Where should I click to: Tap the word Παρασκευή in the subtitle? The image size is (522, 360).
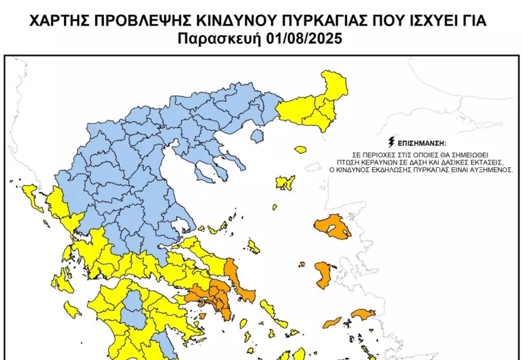[220, 39]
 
